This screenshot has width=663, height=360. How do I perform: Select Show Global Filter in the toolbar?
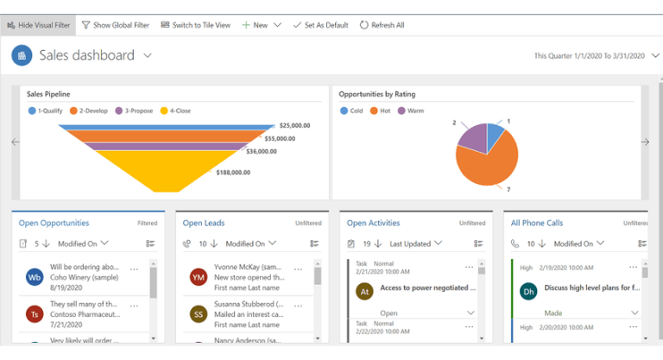pyautogui.click(x=117, y=25)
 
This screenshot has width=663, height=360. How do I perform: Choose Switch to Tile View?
pyautogui.click(x=196, y=25)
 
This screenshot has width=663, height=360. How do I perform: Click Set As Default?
pyautogui.click(x=320, y=25)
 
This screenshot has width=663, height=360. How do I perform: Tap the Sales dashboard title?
pyautogui.click(x=86, y=55)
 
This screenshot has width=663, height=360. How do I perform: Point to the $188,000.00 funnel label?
pyautogui.click(x=233, y=173)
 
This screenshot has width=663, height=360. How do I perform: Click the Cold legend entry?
pyautogui.click(x=352, y=111)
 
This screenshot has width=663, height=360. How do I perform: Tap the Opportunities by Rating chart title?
pyautogui.click(x=376, y=94)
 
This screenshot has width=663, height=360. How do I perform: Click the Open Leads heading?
pyautogui.click(x=204, y=223)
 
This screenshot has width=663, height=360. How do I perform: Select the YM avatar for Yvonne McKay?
pyautogui.click(x=199, y=277)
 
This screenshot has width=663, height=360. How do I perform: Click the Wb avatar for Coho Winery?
pyautogui.click(x=35, y=277)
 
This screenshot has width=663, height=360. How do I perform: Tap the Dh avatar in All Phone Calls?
pyautogui.click(x=528, y=292)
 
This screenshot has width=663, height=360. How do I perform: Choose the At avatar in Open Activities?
pyautogui.click(x=363, y=292)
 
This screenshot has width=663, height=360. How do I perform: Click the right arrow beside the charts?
pyautogui.click(x=645, y=142)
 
